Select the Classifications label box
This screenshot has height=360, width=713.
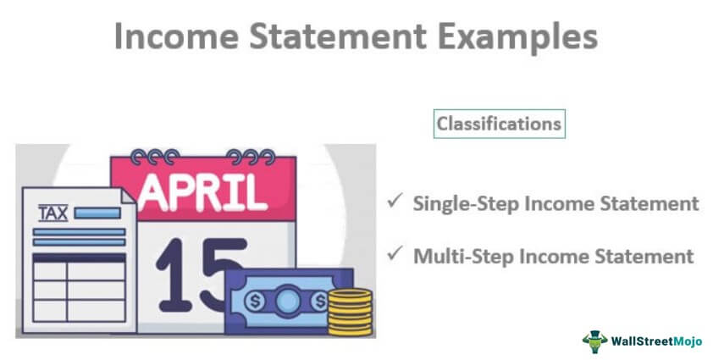coord(498,124)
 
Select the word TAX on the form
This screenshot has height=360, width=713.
coord(53,213)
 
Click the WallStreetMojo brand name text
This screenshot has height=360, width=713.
coord(653,340)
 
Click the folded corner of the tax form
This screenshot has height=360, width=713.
coord(127,197)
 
